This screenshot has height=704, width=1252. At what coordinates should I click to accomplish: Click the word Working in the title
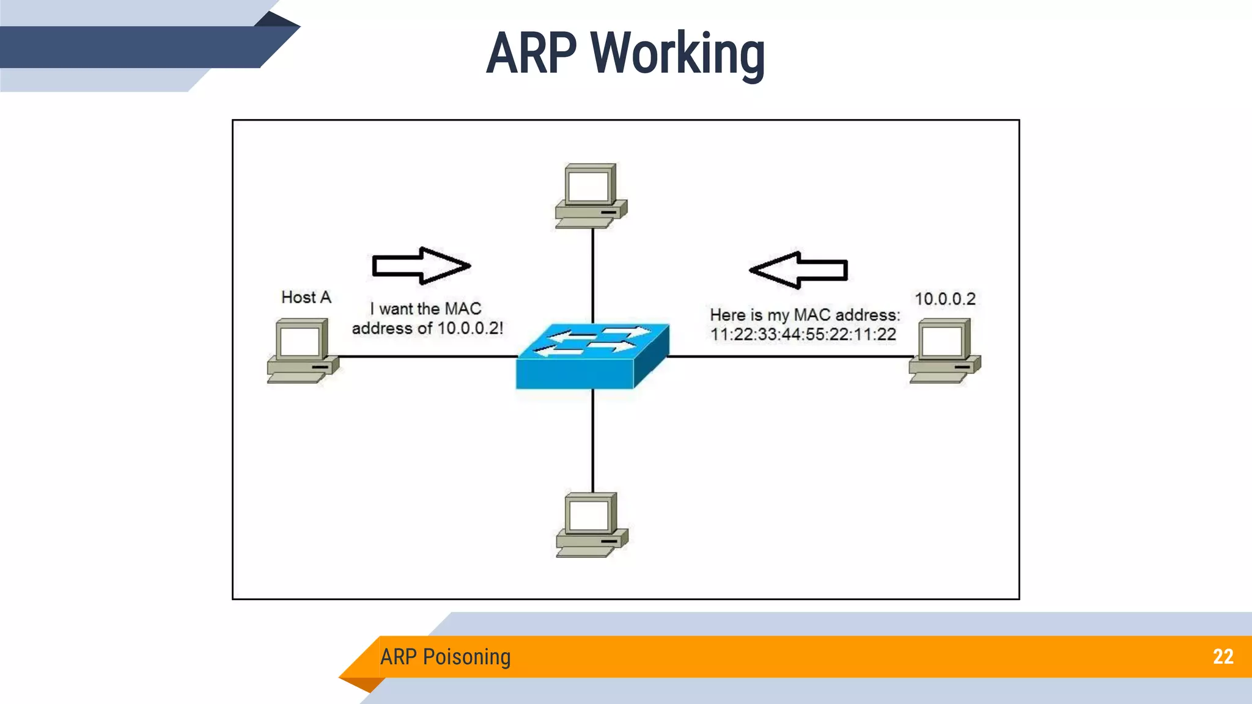[677, 54]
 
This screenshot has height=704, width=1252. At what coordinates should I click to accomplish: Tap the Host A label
[306, 298]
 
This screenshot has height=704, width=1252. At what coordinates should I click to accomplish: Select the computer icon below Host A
[302, 351]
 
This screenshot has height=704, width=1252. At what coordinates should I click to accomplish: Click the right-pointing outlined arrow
[421, 266]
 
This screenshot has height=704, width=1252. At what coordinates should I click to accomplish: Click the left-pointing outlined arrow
[798, 269]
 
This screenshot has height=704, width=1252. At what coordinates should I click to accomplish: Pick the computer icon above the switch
[591, 196]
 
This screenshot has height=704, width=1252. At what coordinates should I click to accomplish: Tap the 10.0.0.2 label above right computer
[945, 299]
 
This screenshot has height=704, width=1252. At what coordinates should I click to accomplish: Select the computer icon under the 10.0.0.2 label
[944, 351]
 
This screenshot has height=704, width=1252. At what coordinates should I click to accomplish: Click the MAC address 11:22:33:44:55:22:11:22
[803, 334]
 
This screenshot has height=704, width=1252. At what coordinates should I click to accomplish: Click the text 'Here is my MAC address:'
[805, 315]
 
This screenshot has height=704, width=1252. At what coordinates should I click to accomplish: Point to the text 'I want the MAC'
[425, 309]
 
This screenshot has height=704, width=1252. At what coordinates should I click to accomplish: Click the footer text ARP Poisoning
[445, 657]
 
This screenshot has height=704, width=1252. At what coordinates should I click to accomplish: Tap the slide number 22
[1223, 657]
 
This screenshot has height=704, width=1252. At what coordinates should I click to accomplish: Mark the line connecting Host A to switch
[428, 356]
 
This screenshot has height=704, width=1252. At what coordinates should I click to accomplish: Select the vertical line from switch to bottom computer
[592, 440]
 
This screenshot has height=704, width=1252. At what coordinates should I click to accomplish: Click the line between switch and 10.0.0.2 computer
[789, 356]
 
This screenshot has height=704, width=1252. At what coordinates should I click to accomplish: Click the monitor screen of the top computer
[587, 186]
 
